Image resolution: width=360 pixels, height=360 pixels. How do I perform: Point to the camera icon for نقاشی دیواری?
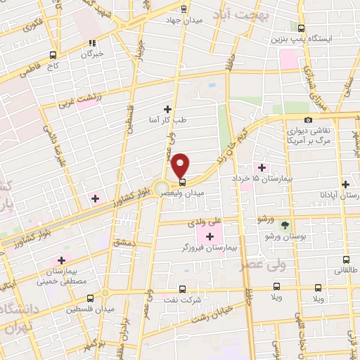pyautogui.click(x=309, y=120)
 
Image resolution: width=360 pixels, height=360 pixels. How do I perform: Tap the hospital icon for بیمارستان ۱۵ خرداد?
pyautogui.click(x=262, y=167)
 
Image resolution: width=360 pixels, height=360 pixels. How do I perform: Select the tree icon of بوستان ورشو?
pyautogui.click(x=285, y=226)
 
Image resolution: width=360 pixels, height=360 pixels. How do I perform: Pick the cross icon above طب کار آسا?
pyautogui.click(x=167, y=109)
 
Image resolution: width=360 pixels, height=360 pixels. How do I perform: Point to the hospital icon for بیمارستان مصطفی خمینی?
pyautogui.click(x=62, y=260)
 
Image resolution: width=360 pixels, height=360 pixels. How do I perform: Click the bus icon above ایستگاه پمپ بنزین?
pyautogui.click(x=302, y=29)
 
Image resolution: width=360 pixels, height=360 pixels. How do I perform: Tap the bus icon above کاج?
pyautogui.click(x=53, y=55)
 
